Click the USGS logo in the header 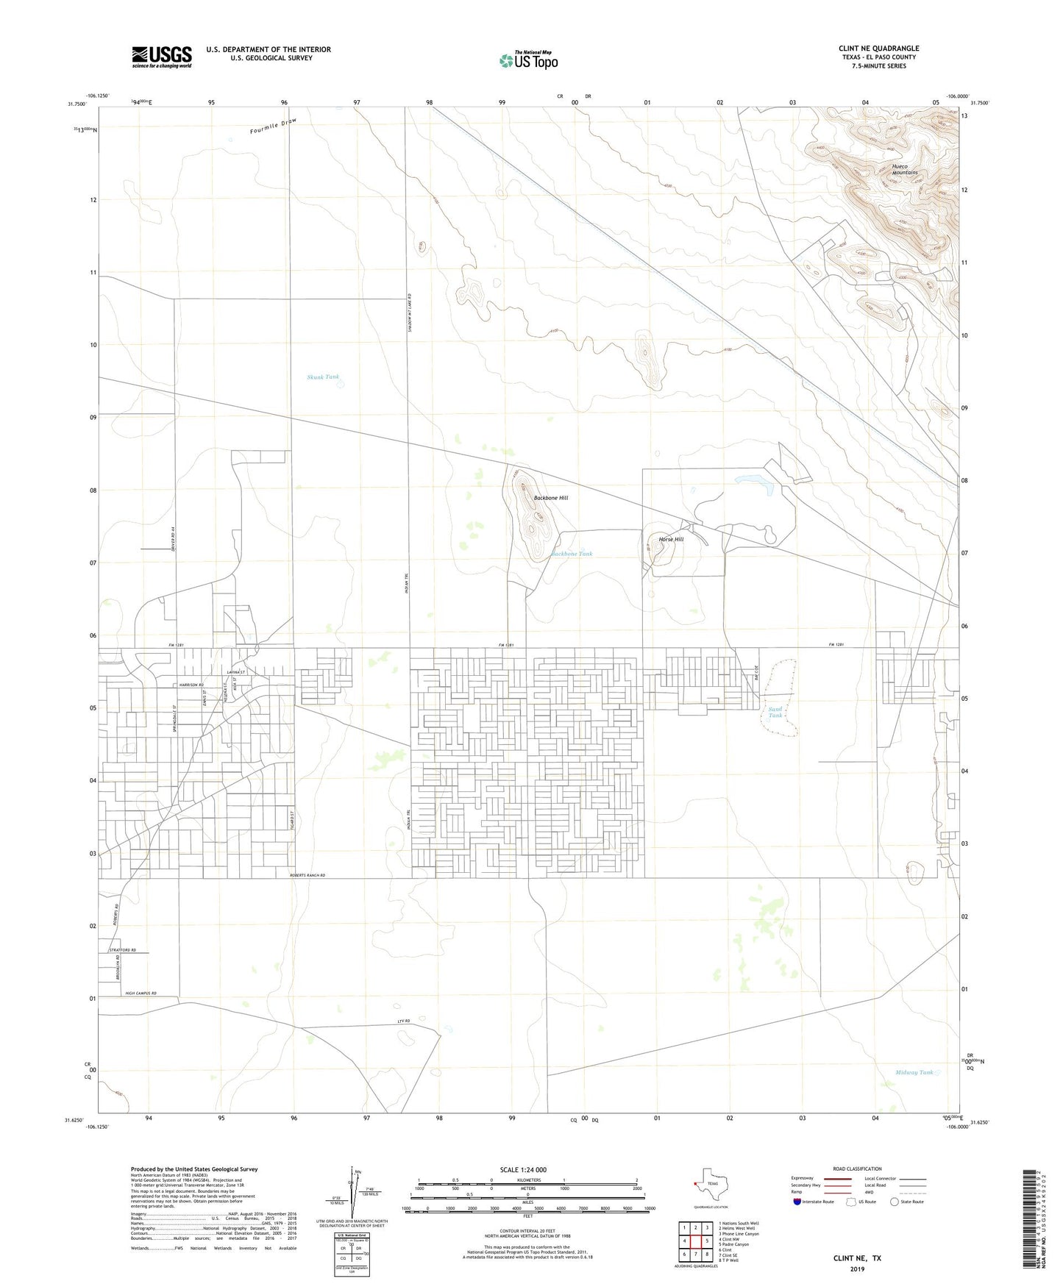162,57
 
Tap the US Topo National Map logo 528,60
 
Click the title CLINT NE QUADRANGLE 878,49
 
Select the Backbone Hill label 550,498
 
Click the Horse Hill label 671,539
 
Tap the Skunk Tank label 323,377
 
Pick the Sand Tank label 775,712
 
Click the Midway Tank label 914,1072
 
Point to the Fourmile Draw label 272,126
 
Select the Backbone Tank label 572,554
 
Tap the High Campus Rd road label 141,993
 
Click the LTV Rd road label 402,1022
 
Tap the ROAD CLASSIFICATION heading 857,1169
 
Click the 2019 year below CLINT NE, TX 857,1269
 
